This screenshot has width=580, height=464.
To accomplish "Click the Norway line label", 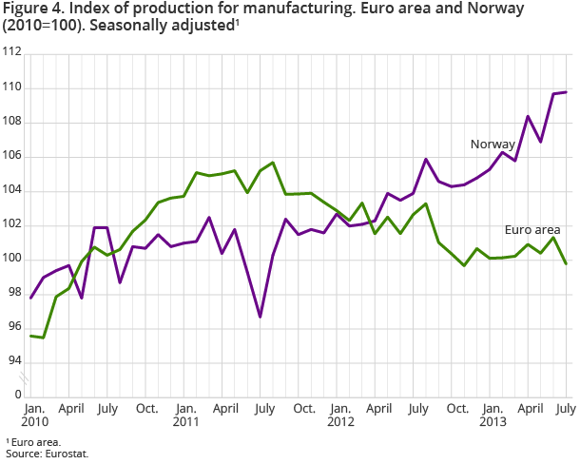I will click(x=493, y=145).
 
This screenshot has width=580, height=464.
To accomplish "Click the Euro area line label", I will click(x=532, y=230).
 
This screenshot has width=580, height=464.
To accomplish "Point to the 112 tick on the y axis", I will click(x=13, y=54).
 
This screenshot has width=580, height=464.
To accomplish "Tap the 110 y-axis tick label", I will click(x=13, y=88).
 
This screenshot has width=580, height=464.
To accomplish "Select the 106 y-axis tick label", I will click(x=13, y=157).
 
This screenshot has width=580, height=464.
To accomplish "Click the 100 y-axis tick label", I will click(x=13, y=260).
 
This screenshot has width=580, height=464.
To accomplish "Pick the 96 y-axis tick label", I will click(x=13, y=328).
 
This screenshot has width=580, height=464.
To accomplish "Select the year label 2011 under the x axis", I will click(x=188, y=420).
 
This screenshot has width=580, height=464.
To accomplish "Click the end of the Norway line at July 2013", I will click(x=567, y=92).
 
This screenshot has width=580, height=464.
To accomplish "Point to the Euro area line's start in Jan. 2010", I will click(x=31, y=336).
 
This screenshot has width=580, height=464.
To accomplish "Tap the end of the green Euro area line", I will click(x=567, y=263).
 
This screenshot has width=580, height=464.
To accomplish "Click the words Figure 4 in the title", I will click(x=29, y=9).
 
